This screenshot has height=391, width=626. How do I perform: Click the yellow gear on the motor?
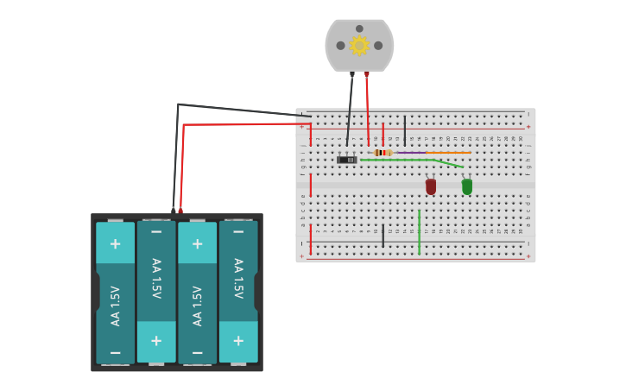pos(359,45)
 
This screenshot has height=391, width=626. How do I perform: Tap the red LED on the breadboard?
pos(431,186)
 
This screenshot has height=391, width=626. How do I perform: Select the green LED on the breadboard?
pos(467,186)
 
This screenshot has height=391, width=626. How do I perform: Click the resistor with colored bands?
pos(383,153)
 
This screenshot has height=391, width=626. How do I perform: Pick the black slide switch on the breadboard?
pos(347,160)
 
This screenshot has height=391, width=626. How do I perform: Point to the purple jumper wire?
pos(410,153)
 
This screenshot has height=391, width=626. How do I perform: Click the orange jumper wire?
pos(448,153)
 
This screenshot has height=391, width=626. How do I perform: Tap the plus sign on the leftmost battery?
pos(115,243)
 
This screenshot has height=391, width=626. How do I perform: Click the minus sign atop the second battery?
pos(156,231)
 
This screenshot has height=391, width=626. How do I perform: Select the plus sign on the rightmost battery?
pos(238,341)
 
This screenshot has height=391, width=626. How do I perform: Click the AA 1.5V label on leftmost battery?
pos(115,306)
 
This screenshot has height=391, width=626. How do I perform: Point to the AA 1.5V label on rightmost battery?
pos(238,278)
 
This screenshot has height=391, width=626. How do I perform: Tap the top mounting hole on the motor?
pos(359,28)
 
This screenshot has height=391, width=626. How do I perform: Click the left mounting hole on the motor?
pos(340,46)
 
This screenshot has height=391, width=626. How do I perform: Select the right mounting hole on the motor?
pos(378,46)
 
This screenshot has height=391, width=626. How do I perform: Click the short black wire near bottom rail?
pos(383,236)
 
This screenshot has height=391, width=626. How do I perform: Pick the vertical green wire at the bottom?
pos(420,231)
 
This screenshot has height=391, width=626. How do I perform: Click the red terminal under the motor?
pos(367,75)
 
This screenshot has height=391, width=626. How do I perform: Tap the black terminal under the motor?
pos(351,75)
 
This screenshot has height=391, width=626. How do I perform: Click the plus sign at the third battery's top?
pos(197,243)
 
